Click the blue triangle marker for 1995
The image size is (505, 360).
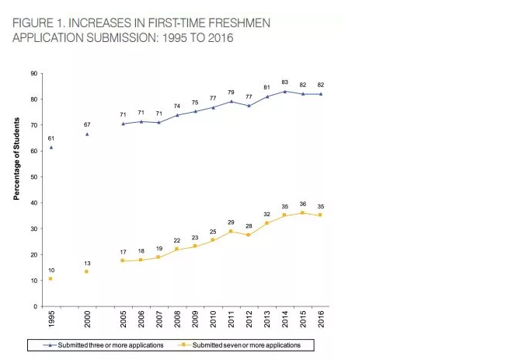(x=50, y=147)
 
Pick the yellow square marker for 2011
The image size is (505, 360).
(x=231, y=231)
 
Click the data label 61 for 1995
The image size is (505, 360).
(x=50, y=138)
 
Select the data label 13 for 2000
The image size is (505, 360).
(x=87, y=262)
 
